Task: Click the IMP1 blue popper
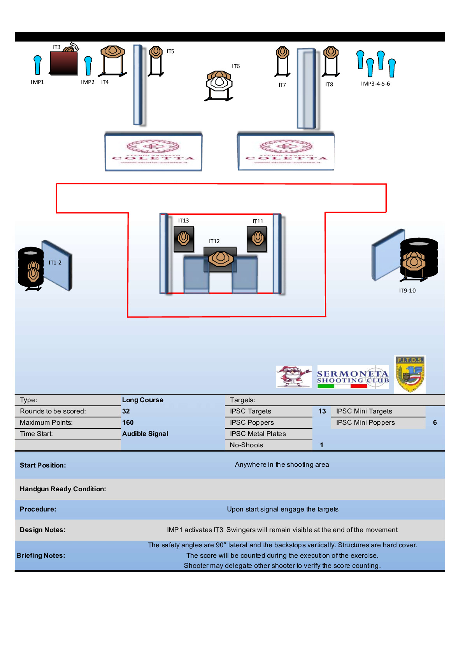[37, 64]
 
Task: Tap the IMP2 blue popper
[88, 65]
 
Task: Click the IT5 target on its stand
[156, 52]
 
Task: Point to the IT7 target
[282, 53]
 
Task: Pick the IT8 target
[331, 53]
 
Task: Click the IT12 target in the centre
[221, 258]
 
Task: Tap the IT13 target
[184, 238]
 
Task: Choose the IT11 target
[257, 238]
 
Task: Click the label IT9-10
[407, 291]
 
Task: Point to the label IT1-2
[55, 263]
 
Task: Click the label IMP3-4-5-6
[375, 84]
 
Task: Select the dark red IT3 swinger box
[64, 63]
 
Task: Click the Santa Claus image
[294, 377]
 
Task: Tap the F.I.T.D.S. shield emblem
[410, 374]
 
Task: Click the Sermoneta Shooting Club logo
[353, 377]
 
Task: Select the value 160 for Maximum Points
[128, 422]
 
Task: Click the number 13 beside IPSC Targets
[322, 411]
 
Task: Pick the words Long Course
[142, 400]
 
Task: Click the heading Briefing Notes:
[41, 555]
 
